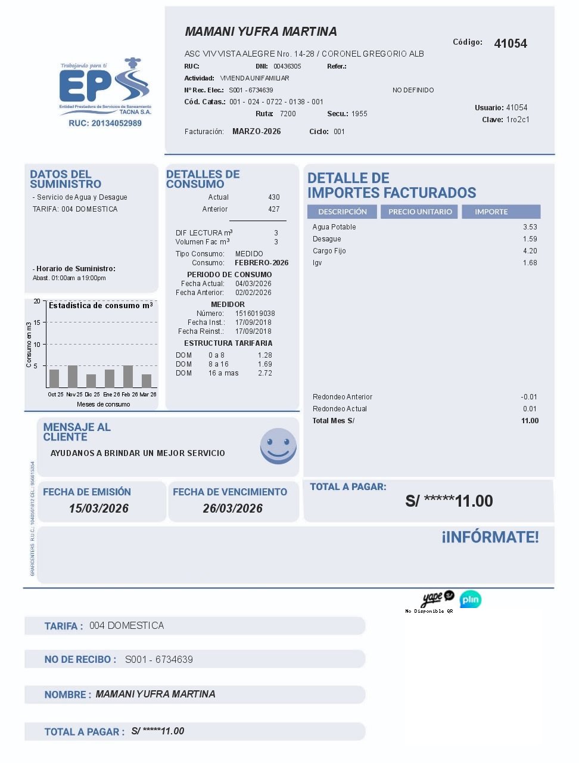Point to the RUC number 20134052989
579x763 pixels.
[x=105, y=123]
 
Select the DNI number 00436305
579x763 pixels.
[x=287, y=66]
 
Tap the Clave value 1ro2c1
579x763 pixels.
[x=518, y=120]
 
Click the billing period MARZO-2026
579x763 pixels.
[x=256, y=132]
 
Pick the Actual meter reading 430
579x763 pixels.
[x=274, y=197]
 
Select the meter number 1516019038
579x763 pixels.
[x=255, y=314]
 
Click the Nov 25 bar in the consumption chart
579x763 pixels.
[x=73, y=377]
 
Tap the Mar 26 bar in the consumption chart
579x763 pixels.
[x=147, y=381]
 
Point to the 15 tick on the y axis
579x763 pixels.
[x=37, y=322]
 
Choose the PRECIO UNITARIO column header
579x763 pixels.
[x=420, y=212]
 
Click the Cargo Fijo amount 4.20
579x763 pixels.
[x=530, y=251]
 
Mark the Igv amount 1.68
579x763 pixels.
[x=530, y=263]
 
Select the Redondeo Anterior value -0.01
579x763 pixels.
[x=529, y=397]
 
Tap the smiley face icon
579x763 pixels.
[x=278, y=446]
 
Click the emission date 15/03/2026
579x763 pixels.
[x=99, y=508]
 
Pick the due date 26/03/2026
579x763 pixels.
[x=233, y=508]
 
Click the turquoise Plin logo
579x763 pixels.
[x=471, y=599]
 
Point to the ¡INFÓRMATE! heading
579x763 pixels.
[x=490, y=537]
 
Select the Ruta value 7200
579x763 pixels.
[x=288, y=114]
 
